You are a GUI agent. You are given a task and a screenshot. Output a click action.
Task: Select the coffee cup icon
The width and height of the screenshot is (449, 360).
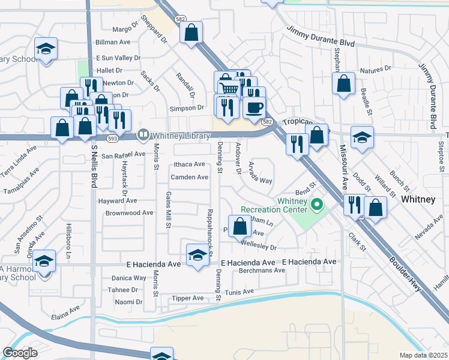[x=255, y=107]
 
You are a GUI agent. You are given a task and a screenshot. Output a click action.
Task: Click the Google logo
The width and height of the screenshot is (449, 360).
[x=20, y=352]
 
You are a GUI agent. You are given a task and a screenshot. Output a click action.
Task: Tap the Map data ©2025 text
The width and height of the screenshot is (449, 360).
[x=424, y=355]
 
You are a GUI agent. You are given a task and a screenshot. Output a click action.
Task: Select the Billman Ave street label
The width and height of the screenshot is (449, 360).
[x=113, y=42]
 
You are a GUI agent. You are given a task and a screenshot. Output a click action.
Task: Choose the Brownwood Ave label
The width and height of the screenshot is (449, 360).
[x=130, y=213]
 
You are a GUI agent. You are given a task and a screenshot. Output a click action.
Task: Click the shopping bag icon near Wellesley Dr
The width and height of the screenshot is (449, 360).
[x=240, y=226]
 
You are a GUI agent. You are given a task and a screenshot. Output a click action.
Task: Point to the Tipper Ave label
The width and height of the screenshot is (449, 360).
[x=187, y=298]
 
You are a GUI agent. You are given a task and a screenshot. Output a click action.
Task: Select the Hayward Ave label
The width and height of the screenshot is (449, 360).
[x=118, y=200]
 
